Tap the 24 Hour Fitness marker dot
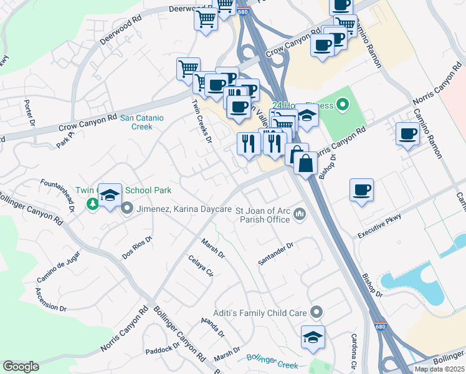[x=341, y=105]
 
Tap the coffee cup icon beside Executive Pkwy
[x=361, y=189]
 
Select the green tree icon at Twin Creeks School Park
[x=92, y=204]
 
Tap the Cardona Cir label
[x=353, y=351]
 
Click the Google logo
[x=21, y=367]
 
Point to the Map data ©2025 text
[x=439, y=369]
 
